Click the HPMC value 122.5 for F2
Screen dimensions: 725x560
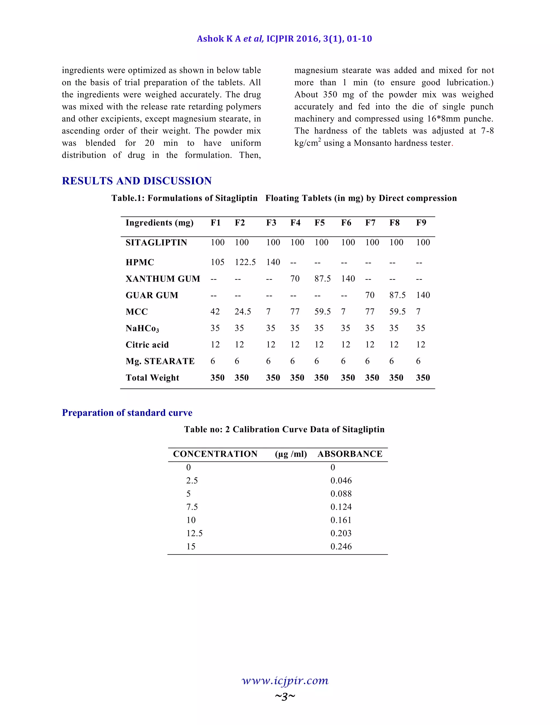click(x=245, y=262)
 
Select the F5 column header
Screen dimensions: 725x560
click(x=319, y=223)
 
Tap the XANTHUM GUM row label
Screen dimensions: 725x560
click(x=163, y=279)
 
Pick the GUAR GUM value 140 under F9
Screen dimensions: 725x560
click(x=423, y=295)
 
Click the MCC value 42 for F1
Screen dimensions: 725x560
click(x=215, y=312)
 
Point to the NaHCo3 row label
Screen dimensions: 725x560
click(x=142, y=328)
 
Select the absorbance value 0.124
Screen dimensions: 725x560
click(x=341, y=507)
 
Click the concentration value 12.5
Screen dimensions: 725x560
click(x=194, y=533)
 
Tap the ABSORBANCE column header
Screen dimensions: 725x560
click(x=350, y=454)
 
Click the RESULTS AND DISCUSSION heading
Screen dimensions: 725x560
click(x=137, y=181)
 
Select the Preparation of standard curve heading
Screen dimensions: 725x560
click(x=127, y=413)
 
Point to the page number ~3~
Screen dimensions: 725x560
click(x=285, y=696)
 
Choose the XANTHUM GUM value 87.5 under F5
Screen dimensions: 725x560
click(x=322, y=279)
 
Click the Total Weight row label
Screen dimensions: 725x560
click(x=152, y=378)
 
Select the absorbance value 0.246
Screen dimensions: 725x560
click(x=341, y=546)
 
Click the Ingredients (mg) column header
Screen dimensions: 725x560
click(x=160, y=223)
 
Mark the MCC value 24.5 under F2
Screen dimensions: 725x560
click(x=243, y=312)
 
